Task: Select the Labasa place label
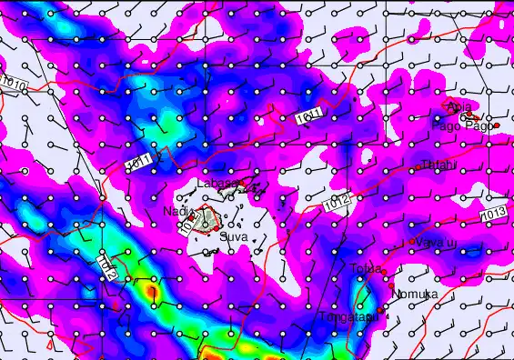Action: [217, 183]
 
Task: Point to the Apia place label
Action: [460, 107]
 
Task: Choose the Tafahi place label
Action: [438, 165]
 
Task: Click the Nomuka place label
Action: [414, 294]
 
